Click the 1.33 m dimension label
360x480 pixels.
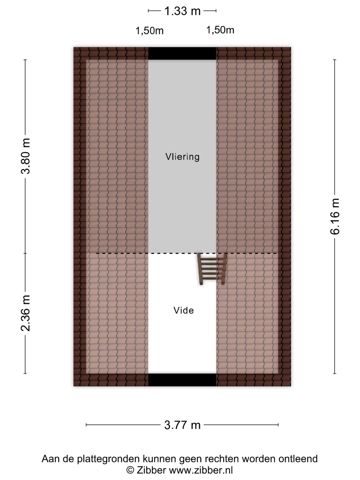182,11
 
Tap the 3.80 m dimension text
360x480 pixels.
25,156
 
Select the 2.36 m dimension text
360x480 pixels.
25,313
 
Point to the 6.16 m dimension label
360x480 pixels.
335,216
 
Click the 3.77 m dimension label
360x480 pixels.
182,425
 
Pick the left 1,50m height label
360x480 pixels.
150,31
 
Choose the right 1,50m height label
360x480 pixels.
220,30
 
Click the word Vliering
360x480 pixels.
182,157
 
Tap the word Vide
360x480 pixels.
184,311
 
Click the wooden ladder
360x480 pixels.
212,269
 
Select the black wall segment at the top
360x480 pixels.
182,53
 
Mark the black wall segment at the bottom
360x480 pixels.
182,380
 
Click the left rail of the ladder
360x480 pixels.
200,269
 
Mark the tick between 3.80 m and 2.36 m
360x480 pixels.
25,253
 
